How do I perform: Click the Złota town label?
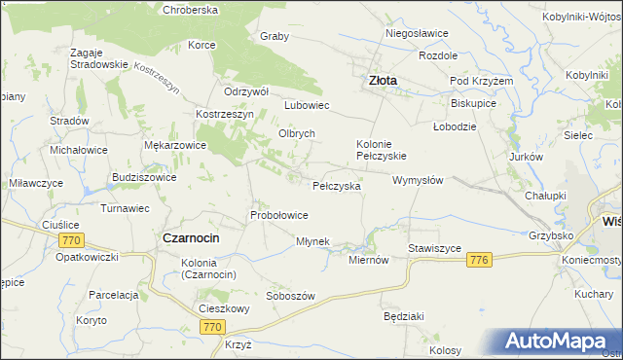coord(381,82)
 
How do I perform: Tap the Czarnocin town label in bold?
coord(191,238)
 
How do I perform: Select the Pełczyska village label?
coord(337,185)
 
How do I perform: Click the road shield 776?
coord(478,260)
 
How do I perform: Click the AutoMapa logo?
coord(558,342)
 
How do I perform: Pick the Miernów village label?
coord(369,260)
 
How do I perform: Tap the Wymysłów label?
coord(418,180)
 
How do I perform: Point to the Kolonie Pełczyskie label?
coord(381,148)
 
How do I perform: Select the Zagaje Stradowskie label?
coord(99,57)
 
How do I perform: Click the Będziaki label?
coord(403,317)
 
